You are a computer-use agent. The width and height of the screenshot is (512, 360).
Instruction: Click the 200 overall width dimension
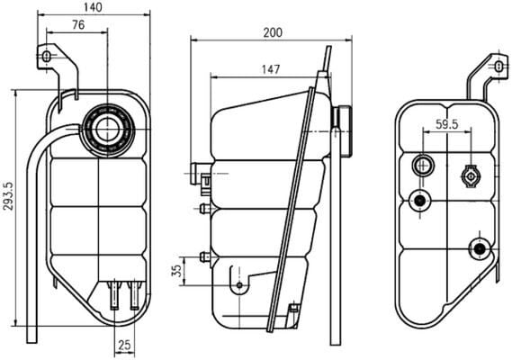point(274,32)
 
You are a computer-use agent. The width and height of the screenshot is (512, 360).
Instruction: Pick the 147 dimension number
point(268,68)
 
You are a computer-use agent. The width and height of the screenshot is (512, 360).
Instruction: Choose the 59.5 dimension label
point(447,125)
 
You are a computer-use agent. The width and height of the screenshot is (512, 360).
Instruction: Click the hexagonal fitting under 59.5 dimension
point(471,176)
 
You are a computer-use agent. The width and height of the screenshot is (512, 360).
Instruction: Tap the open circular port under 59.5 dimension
point(422,166)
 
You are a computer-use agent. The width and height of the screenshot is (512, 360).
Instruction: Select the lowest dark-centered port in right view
point(479,247)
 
